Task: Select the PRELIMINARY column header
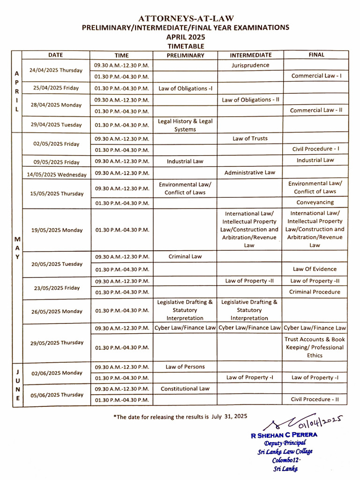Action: click(186, 55)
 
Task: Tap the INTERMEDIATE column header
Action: click(250, 55)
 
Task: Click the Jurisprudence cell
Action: click(250, 66)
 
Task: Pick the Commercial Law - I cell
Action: click(316, 75)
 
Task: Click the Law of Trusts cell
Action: click(250, 138)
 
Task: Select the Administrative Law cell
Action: click(250, 172)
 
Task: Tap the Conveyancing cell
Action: click(315, 202)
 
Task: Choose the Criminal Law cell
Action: click(185, 256)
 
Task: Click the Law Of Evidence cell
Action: click(315, 269)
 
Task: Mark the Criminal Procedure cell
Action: click(315, 292)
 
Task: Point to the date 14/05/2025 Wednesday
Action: click(57, 174)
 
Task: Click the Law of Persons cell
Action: click(185, 367)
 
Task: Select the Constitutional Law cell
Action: click(185, 389)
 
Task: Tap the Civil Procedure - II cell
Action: click(315, 399)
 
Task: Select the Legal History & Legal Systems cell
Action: click(185, 125)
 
